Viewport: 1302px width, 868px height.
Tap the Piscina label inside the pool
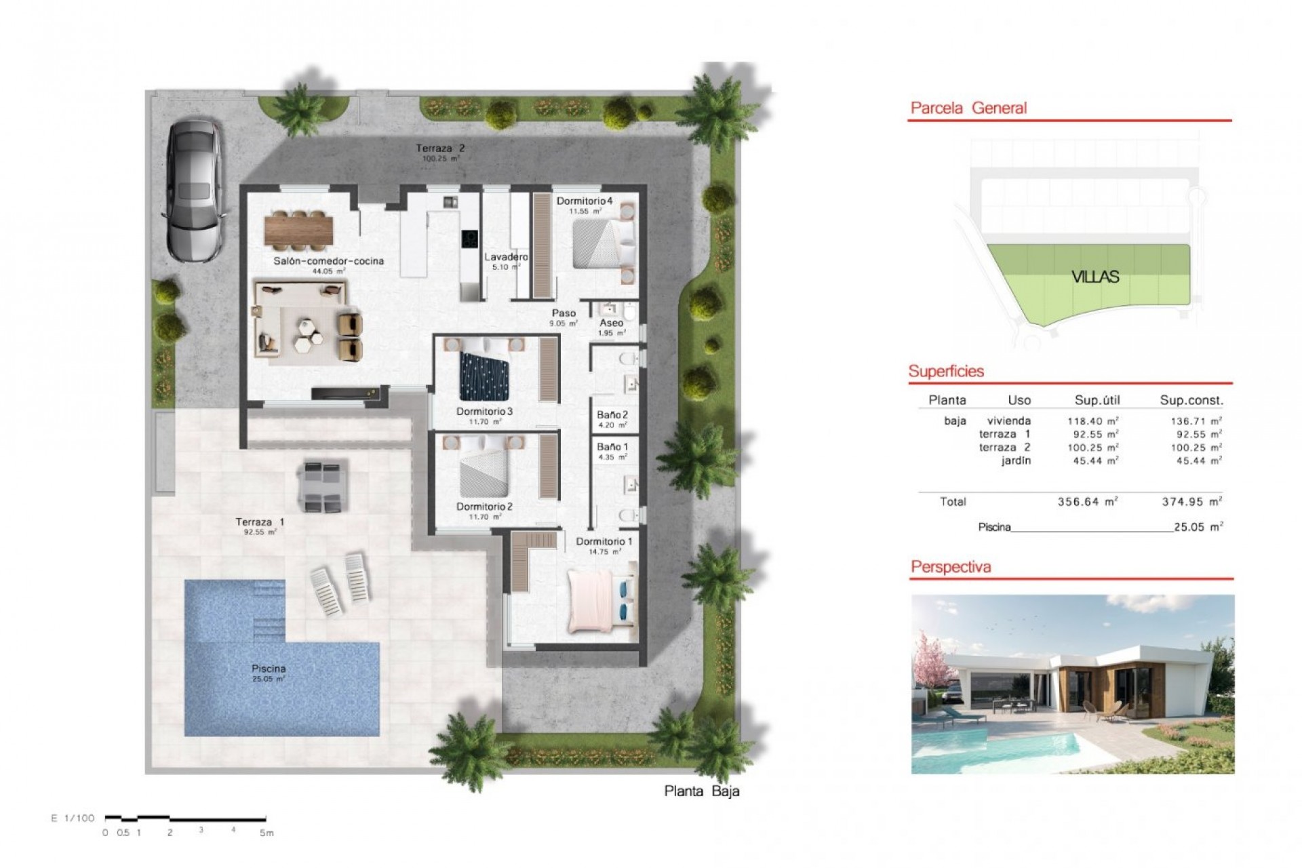click(x=269, y=669)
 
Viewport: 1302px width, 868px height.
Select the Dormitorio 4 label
click(x=585, y=201)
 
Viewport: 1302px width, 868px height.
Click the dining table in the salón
click(x=298, y=229)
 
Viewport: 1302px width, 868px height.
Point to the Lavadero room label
click(x=506, y=257)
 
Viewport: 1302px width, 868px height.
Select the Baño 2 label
click(x=612, y=415)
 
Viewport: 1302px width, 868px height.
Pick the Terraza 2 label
click(x=440, y=148)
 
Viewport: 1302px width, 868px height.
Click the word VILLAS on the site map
click(x=1095, y=277)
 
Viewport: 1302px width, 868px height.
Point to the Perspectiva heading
click(x=951, y=567)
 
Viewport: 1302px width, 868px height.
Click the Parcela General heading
click(x=968, y=108)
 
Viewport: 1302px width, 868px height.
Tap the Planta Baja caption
click(x=702, y=791)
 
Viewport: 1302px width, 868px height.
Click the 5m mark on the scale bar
click(x=267, y=833)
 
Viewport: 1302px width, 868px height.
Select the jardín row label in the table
click(x=1016, y=460)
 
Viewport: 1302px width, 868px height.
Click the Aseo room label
click(x=611, y=323)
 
